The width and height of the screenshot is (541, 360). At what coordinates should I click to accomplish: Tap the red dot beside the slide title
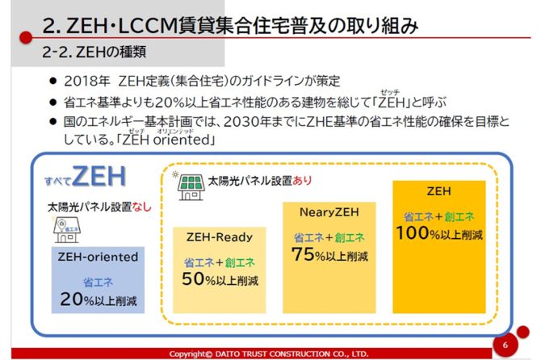pyautogui.click(x=26, y=36)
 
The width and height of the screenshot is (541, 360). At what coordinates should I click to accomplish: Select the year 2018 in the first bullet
pyautogui.click(x=82, y=82)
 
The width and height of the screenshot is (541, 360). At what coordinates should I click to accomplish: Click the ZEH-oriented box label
pyautogui.click(x=98, y=257)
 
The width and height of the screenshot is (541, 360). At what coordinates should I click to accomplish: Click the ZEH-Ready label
pyautogui.click(x=219, y=237)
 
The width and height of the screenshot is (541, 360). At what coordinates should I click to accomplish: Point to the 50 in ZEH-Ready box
pyautogui.click(x=193, y=280)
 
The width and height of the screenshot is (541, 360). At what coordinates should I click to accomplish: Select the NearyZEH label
pyautogui.click(x=329, y=213)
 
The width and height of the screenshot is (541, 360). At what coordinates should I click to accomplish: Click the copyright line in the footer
pyautogui.click(x=269, y=354)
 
